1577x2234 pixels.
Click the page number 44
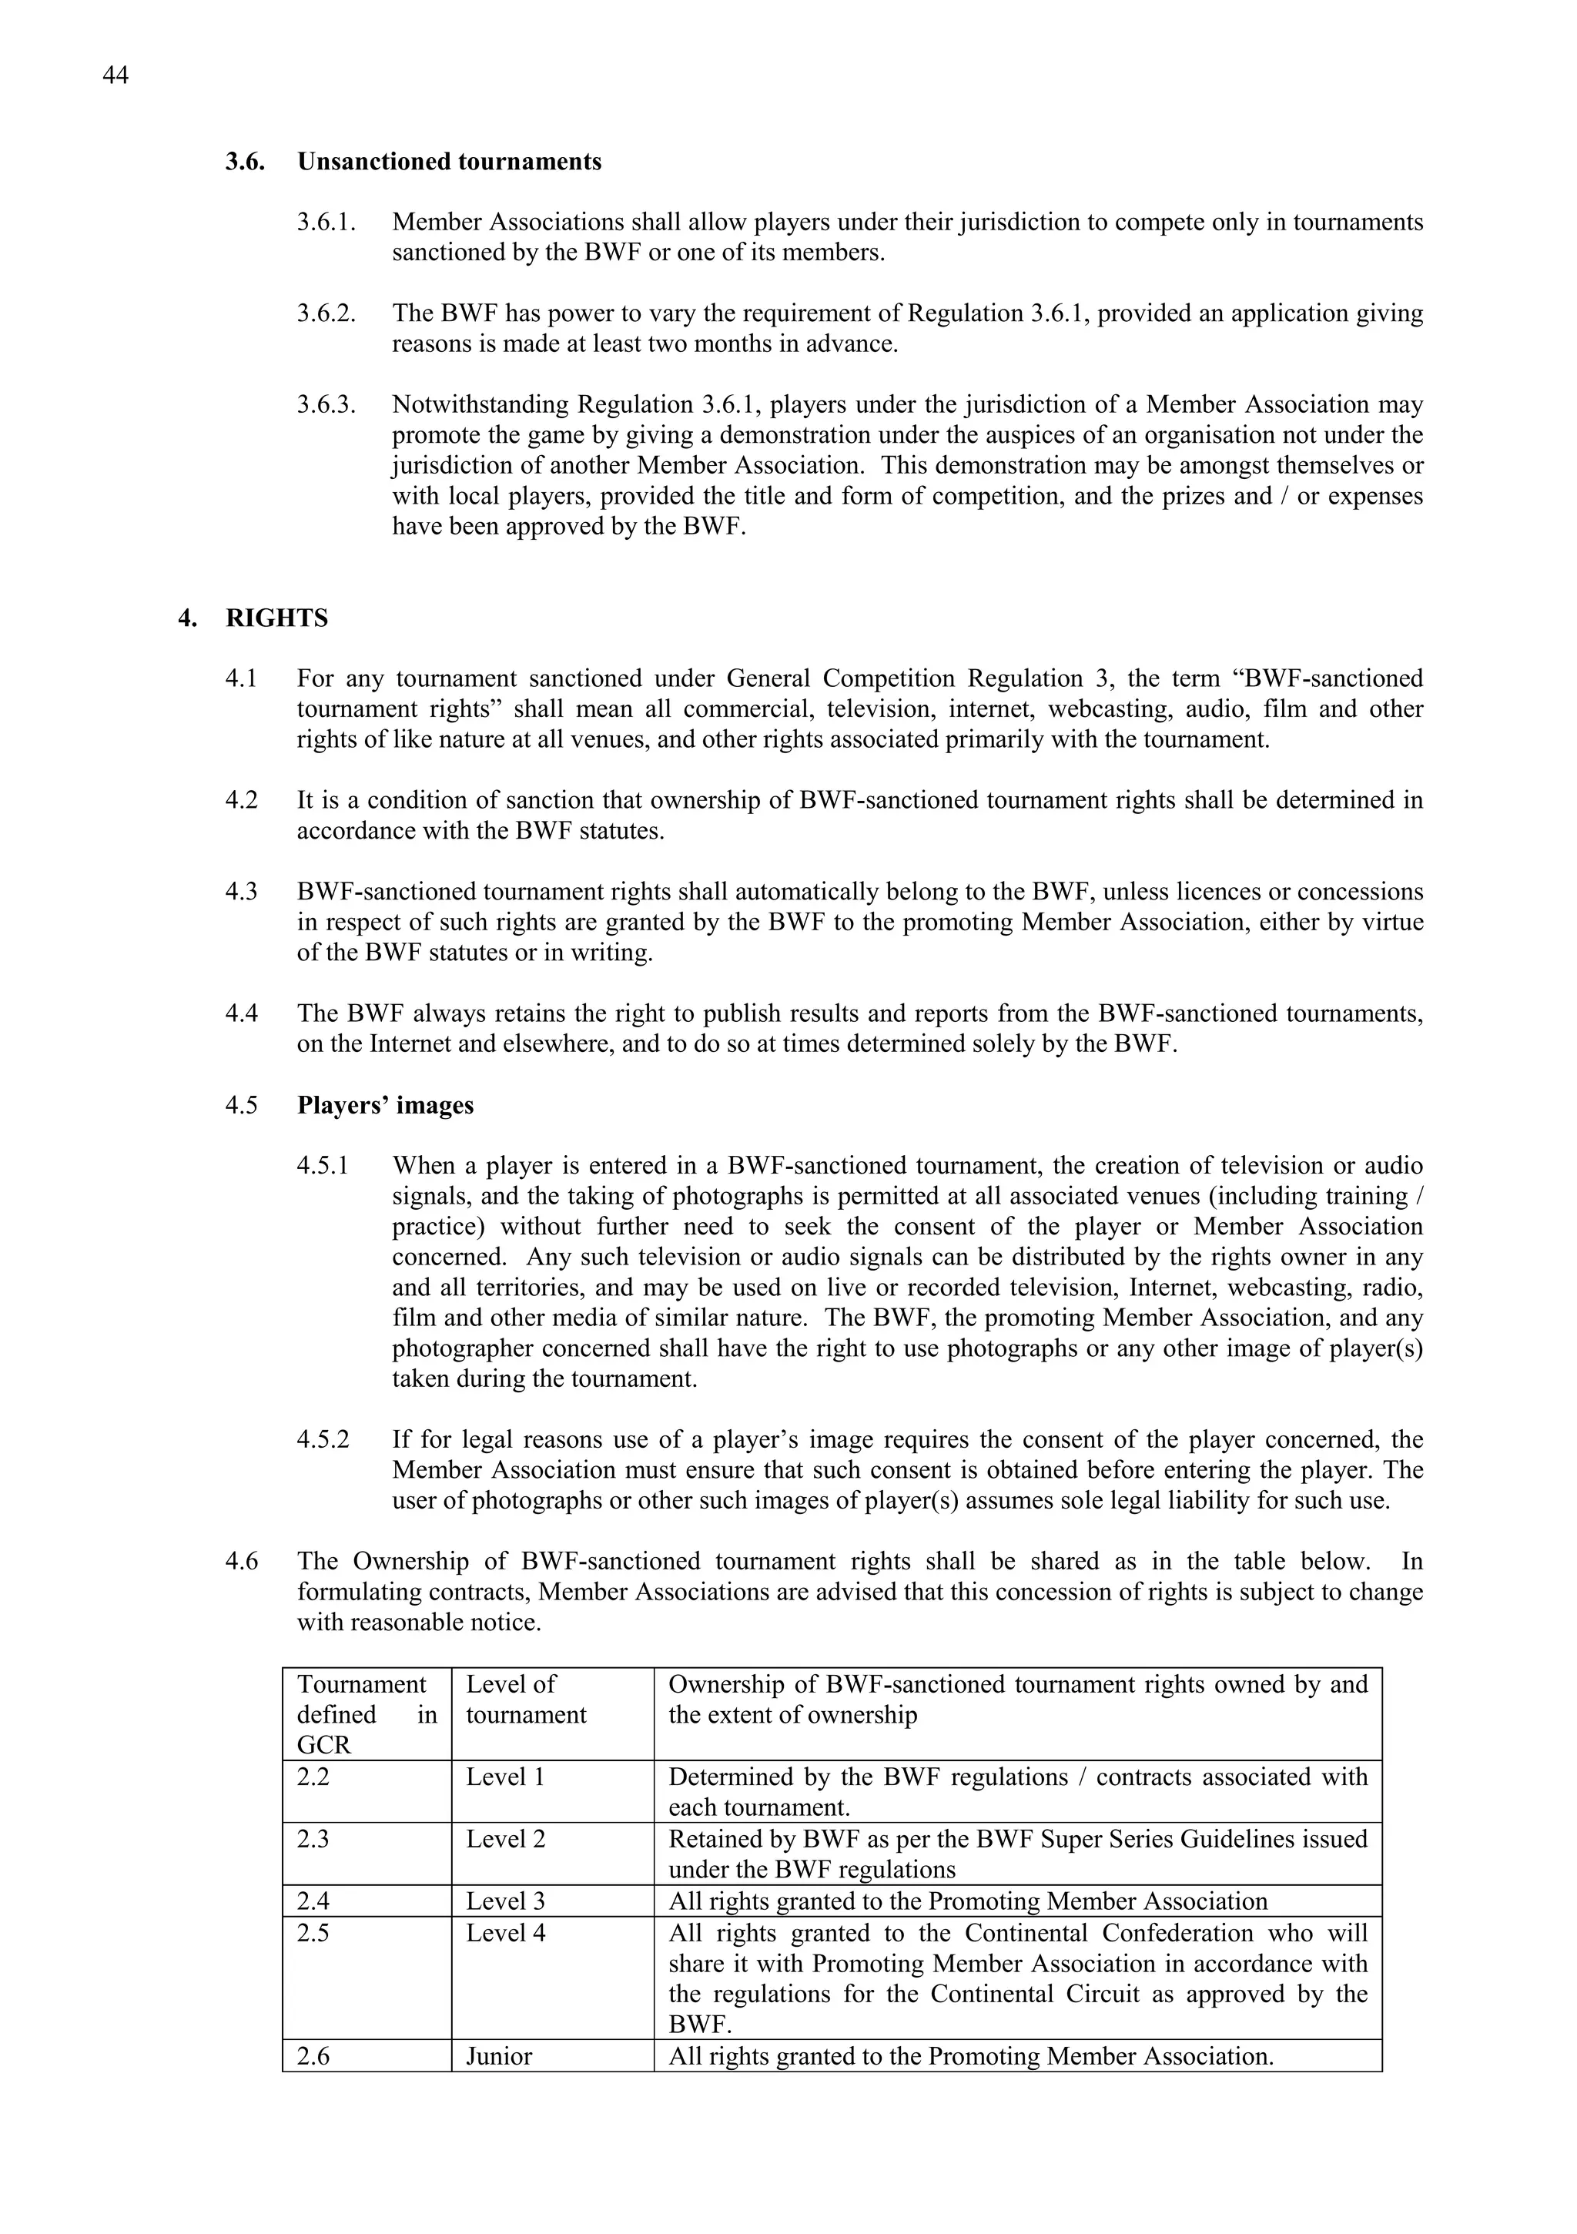tap(115, 76)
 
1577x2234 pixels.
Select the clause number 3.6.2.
tap(326, 314)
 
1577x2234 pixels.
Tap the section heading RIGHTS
tap(276, 619)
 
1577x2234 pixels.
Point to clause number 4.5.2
tap(322, 1439)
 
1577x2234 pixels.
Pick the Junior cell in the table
tap(498, 2056)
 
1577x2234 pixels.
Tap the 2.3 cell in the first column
tap(313, 1839)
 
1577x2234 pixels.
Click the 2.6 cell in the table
tap(313, 2056)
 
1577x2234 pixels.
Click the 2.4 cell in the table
tap(313, 1901)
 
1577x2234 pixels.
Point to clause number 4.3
tap(241, 893)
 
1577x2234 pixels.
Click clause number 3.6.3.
tap(326, 405)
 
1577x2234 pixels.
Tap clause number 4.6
tap(241, 1562)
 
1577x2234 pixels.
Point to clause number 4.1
tap(241, 679)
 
